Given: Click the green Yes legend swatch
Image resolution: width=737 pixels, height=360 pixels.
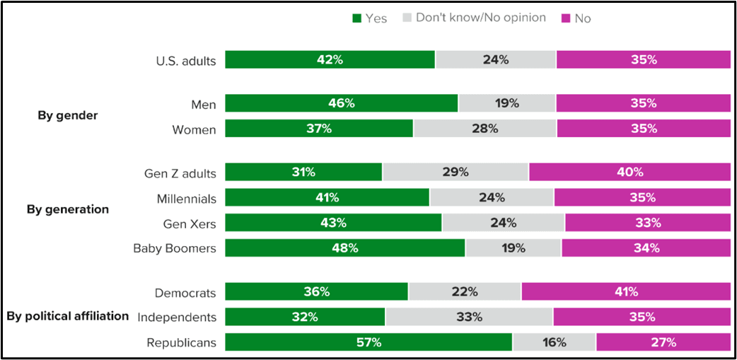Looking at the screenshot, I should pyautogui.click(x=356, y=18).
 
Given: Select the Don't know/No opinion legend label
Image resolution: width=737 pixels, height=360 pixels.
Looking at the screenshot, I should pyautogui.click(x=480, y=18).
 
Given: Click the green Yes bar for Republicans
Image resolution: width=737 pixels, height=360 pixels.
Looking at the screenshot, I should pyautogui.click(x=368, y=342).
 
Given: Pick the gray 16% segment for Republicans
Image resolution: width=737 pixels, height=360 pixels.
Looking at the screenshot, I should pyautogui.click(x=555, y=342).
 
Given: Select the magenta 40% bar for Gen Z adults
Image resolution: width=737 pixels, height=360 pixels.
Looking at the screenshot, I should pyautogui.click(x=629, y=172).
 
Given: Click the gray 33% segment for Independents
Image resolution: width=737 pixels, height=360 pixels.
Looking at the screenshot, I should pyautogui.click(x=469, y=317).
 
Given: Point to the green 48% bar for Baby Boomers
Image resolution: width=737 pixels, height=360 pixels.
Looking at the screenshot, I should pyautogui.click(x=345, y=248).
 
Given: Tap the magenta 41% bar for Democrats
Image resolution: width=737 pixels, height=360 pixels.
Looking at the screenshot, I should pyautogui.click(x=626, y=291).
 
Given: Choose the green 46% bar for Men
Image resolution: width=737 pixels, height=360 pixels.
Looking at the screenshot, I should pyautogui.click(x=342, y=103).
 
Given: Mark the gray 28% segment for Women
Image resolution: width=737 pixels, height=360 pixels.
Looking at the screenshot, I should pyautogui.click(x=485, y=129).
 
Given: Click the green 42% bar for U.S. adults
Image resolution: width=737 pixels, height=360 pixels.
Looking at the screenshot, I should pyautogui.click(x=330, y=60).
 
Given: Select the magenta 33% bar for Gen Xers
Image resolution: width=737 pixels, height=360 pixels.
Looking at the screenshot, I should pyautogui.click(x=647, y=223).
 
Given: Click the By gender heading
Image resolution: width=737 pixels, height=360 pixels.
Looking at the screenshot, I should pyautogui.click(x=67, y=116).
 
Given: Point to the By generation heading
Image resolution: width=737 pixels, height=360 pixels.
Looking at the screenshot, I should pyautogui.click(x=68, y=209).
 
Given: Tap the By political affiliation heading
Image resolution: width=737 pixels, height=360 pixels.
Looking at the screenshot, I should pyautogui.click(x=68, y=316).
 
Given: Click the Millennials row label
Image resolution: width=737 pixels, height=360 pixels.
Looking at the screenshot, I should pyautogui.click(x=187, y=197).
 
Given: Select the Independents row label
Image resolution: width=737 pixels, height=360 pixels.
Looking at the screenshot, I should pyautogui.click(x=177, y=317).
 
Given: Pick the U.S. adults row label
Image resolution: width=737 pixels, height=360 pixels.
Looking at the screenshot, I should pyautogui.click(x=185, y=60).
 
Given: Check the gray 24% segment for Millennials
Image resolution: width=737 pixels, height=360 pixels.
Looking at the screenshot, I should pyautogui.click(x=492, y=197).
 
